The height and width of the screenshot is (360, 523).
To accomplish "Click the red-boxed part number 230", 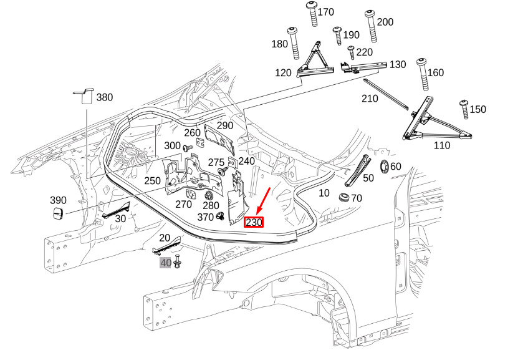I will (254, 222).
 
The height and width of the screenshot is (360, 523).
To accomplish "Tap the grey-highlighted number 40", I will (165, 263).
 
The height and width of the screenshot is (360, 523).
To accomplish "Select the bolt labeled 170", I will (312, 14).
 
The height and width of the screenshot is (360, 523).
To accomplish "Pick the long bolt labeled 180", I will (292, 44).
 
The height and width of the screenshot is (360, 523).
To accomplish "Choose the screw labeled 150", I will (464, 110).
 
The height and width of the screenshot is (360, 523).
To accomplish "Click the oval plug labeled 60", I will (384, 167).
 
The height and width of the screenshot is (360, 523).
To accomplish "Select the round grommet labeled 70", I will (343, 199).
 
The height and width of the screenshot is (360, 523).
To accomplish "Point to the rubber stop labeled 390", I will (57, 215).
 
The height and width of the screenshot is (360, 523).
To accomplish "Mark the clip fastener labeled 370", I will (221, 217).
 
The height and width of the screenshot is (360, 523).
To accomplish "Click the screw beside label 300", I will (186, 147).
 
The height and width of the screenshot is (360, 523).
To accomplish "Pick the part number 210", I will (370, 98).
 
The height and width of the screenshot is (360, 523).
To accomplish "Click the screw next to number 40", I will (178, 263).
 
